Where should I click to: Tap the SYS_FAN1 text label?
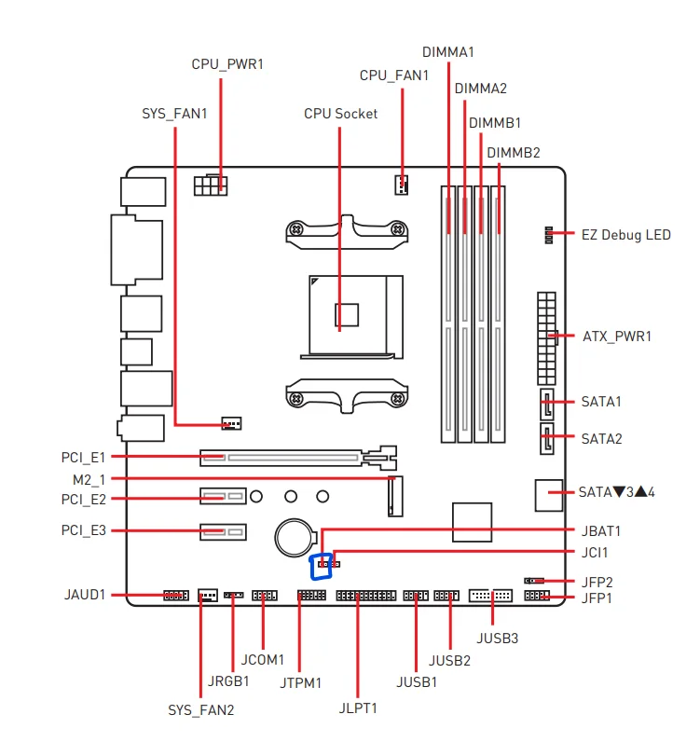tap(175, 114)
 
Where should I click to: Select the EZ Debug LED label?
tap(625, 235)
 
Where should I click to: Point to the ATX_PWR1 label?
tap(616, 336)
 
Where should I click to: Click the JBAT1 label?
tap(601, 531)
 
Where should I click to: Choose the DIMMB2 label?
tap(513, 152)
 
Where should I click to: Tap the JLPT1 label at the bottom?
tap(358, 708)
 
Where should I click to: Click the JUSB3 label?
tap(497, 639)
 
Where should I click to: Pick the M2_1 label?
tap(89, 478)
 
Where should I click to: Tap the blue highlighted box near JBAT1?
tap(320, 566)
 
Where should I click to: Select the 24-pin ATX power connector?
tap(545, 338)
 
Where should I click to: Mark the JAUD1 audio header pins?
tap(175, 595)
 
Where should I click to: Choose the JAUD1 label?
tap(85, 594)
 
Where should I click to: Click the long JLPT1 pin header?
tap(365, 595)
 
